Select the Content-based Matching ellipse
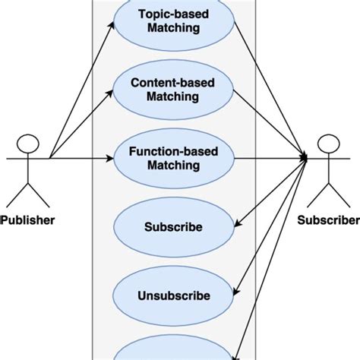pos(173,90)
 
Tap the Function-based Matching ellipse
pos(173,159)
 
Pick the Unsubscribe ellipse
pos(173,296)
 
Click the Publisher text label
pos(28,221)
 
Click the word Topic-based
pos(174,14)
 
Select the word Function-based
pos(174,152)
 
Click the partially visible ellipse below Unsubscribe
pos(173,351)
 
